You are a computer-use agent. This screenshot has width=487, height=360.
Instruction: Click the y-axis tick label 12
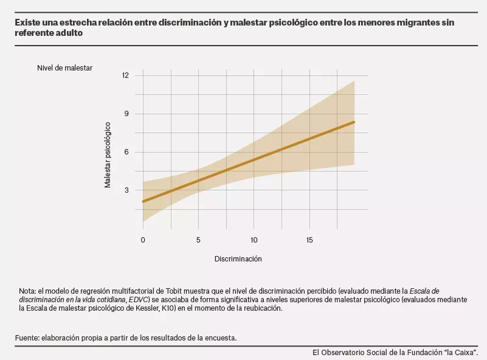[x=126, y=75]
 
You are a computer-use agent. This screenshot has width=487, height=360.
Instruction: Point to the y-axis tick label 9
[x=126, y=114]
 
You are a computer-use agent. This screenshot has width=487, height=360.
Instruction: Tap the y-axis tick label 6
[x=126, y=152]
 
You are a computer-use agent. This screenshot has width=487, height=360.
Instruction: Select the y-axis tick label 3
[x=126, y=190]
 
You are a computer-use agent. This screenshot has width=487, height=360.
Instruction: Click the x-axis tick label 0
[x=143, y=240]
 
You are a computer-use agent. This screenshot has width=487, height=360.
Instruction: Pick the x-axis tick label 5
[x=198, y=240]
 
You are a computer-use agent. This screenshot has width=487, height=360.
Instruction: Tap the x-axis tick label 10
[x=254, y=240]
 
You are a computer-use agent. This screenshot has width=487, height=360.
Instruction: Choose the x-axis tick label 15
[x=309, y=240]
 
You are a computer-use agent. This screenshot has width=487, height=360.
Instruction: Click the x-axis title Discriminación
[x=238, y=259]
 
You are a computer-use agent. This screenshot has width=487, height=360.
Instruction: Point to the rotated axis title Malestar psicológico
[x=108, y=155]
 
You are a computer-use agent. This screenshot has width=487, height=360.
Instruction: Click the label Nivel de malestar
[x=64, y=68]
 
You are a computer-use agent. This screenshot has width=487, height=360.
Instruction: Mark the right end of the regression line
[x=354, y=122]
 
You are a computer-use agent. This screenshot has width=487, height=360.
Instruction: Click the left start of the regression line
[x=143, y=201]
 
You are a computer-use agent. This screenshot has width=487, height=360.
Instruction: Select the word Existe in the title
[x=29, y=22]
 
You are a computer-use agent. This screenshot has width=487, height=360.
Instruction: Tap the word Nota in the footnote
[x=27, y=291]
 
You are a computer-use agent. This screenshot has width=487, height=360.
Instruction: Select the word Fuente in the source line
[x=27, y=337]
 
